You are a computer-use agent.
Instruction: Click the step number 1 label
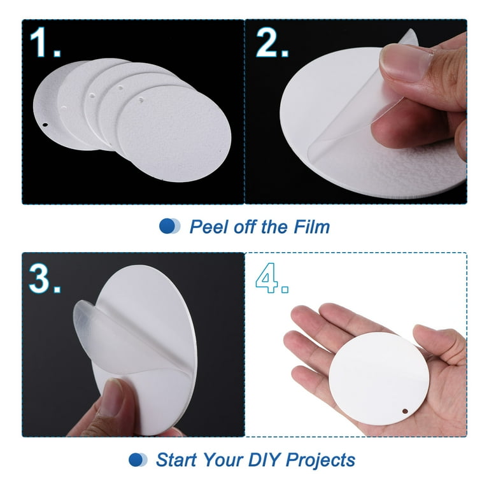click(x=45, y=43)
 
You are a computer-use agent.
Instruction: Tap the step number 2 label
click(x=272, y=43)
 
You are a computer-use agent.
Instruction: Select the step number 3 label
click(x=45, y=278)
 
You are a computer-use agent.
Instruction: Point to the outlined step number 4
click(x=272, y=278)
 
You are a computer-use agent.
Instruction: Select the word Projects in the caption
click(x=321, y=460)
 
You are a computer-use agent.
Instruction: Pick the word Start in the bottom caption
click(x=176, y=460)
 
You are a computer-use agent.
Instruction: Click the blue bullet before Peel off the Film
click(x=169, y=226)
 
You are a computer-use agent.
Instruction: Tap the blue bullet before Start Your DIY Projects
click(x=138, y=460)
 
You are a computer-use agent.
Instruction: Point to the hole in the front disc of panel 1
click(x=141, y=100)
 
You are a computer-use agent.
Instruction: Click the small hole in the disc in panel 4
click(x=405, y=411)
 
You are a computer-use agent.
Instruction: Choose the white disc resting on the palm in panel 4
click(x=379, y=378)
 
